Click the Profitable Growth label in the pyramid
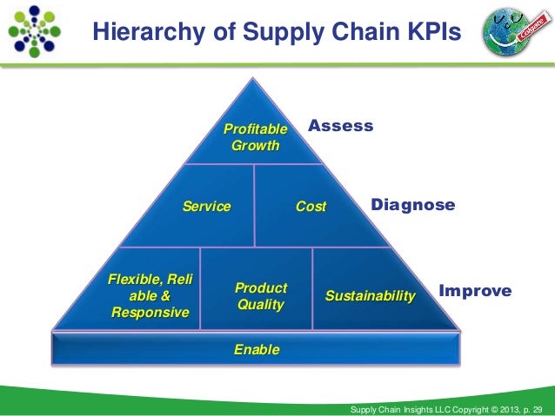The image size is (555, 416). point(255,137)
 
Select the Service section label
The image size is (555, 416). point(206,207)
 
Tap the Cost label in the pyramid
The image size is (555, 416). point(311,207)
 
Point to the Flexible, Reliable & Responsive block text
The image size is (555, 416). point(150,295)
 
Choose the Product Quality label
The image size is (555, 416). point(261,296)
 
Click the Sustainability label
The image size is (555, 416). point(370,296)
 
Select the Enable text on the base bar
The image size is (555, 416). point(257,350)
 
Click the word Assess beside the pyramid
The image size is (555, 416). point(341,126)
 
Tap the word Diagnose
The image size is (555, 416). point(412,205)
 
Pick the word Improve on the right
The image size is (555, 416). point(475,291)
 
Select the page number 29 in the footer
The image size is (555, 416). point(535,409)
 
